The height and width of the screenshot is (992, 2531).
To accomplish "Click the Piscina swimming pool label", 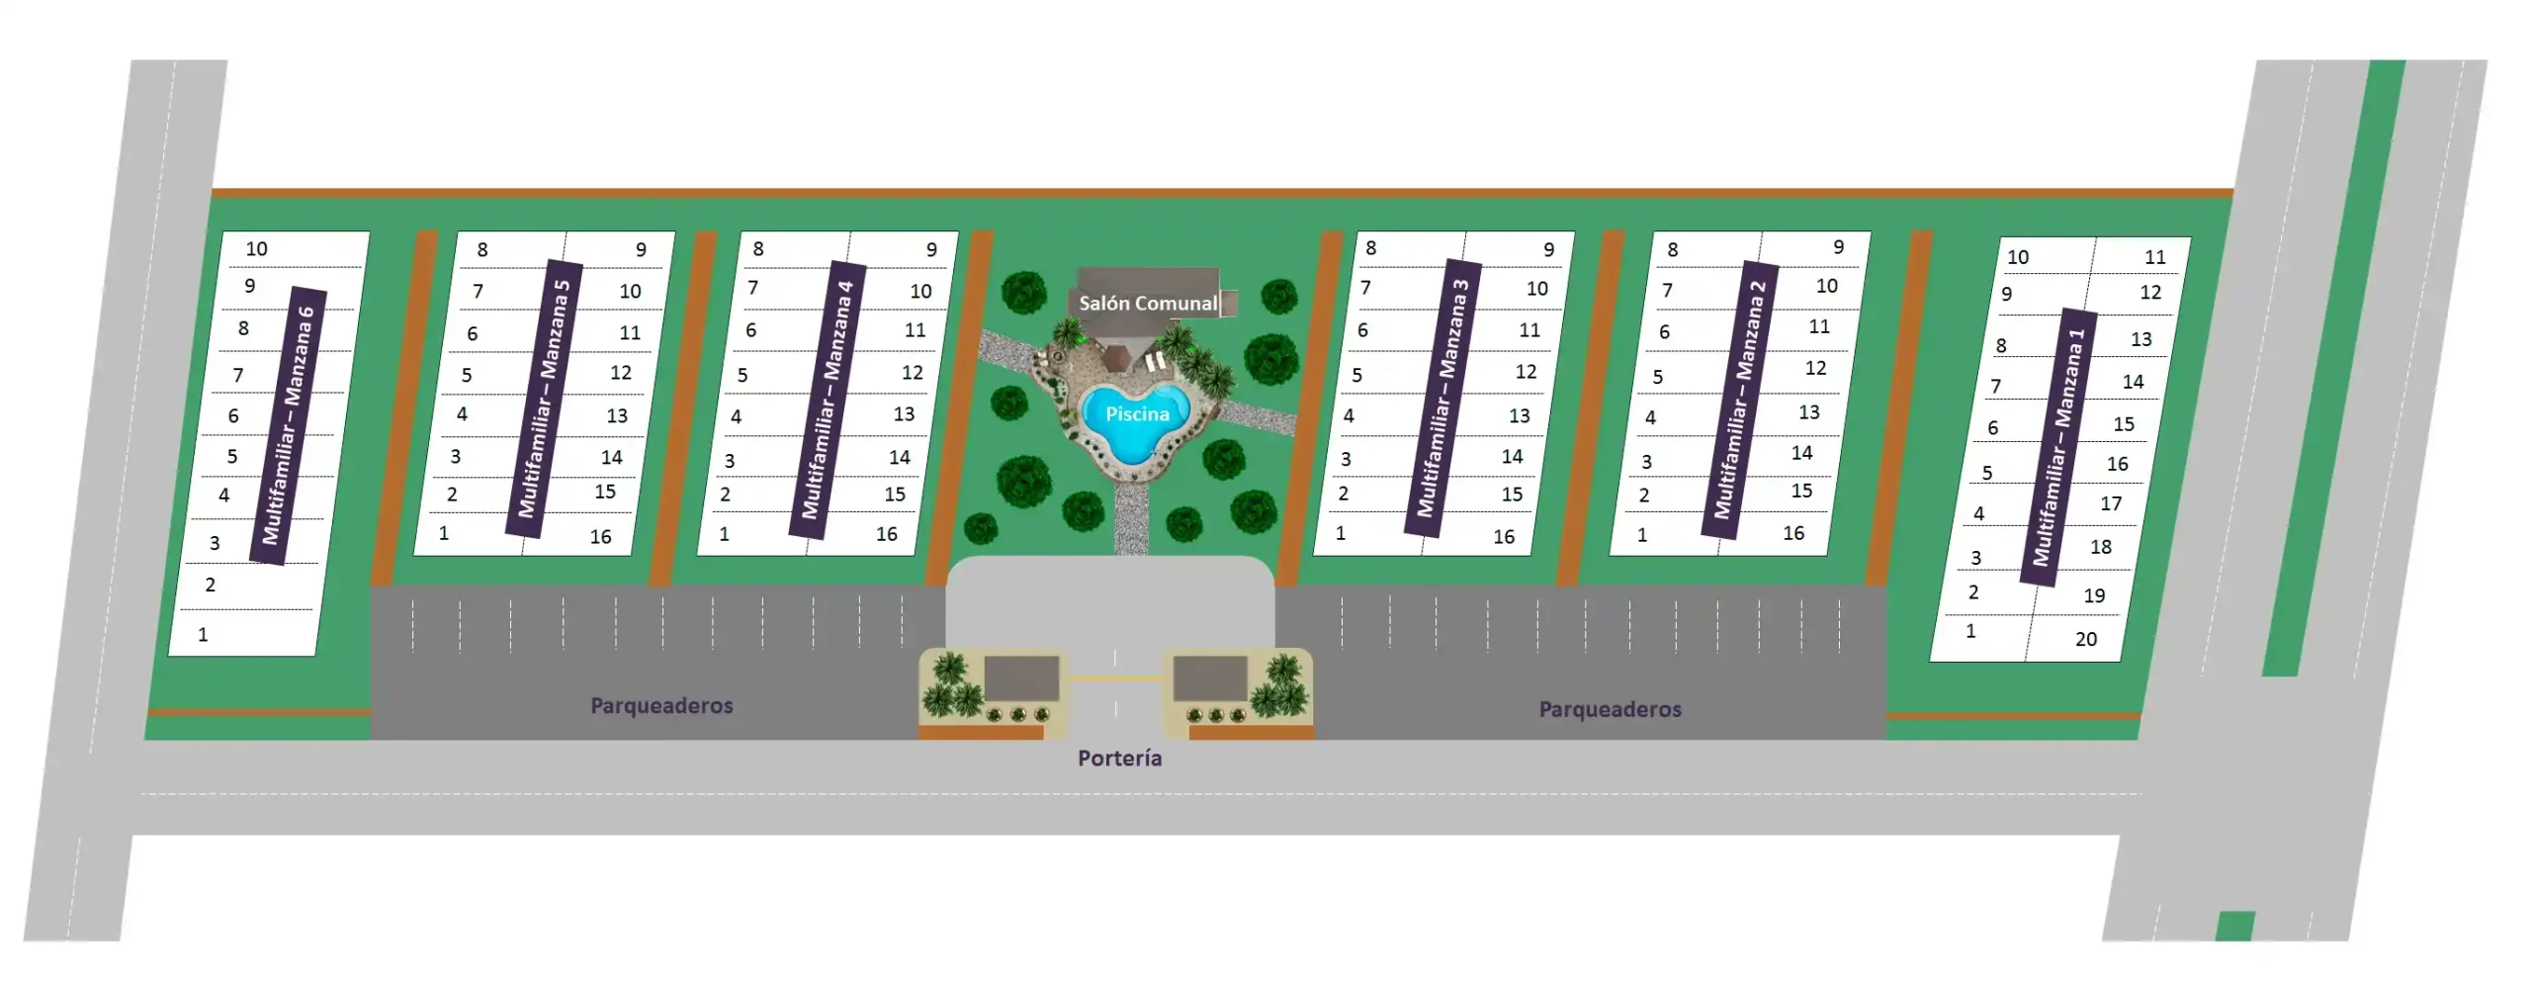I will click(1137, 413).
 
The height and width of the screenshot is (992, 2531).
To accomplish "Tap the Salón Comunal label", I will click(1148, 303).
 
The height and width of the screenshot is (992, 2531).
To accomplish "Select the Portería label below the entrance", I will click(1119, 758).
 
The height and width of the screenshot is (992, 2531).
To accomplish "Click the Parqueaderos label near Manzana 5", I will click(661, 705).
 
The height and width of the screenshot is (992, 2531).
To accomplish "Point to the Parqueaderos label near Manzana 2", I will click(1610, 709).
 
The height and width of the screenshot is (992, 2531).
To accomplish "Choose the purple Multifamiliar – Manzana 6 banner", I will click(288, 425).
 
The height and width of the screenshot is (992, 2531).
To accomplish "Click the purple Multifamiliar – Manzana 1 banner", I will click(2058, 447).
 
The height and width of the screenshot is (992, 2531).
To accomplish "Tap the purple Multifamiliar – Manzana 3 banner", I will click(1442, 398).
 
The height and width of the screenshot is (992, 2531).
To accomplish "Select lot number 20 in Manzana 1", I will click(2085, 639).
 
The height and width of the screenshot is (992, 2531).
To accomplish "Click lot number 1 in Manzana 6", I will click(203, 634).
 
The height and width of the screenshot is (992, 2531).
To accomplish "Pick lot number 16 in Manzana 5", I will click(600, 536).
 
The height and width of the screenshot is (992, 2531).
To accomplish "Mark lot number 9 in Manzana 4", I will click(931, 249).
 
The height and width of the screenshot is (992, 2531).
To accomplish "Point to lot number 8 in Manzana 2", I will click(1672, 249).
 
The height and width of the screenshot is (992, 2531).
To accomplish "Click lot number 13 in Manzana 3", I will click(1519, 415).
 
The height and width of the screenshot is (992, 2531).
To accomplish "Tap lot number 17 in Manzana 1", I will click(2111, 503).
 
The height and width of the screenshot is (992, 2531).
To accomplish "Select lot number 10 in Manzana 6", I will click(256, 248).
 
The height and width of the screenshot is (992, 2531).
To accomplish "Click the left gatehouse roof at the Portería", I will click(1021, 678).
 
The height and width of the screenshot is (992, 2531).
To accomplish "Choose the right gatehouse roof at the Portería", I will click(1210, 678).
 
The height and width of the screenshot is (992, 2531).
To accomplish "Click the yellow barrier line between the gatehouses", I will click(1115, 678).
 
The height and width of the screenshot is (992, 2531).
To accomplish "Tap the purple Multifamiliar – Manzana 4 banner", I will click(827, 400).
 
